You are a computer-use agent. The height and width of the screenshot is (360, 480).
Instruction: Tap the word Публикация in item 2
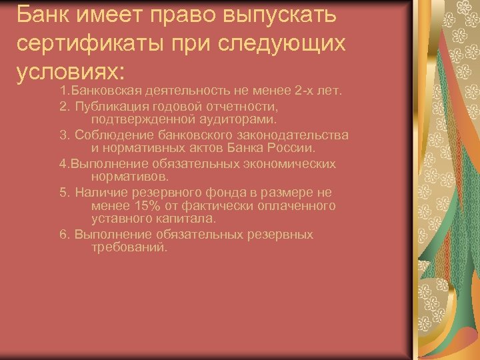pyautogui.click(x=113, y=106)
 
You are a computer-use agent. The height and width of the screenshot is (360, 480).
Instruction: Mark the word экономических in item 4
pyautogui.click(x=293, y=164)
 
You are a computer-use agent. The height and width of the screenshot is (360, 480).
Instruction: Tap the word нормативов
pyautogui.click(x=131, y=177)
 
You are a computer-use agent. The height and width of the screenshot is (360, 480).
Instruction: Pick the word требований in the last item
pyautogui.click(x=129, y=247)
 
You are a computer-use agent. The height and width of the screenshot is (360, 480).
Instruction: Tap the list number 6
pyautogui.click(x=64, y=235)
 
